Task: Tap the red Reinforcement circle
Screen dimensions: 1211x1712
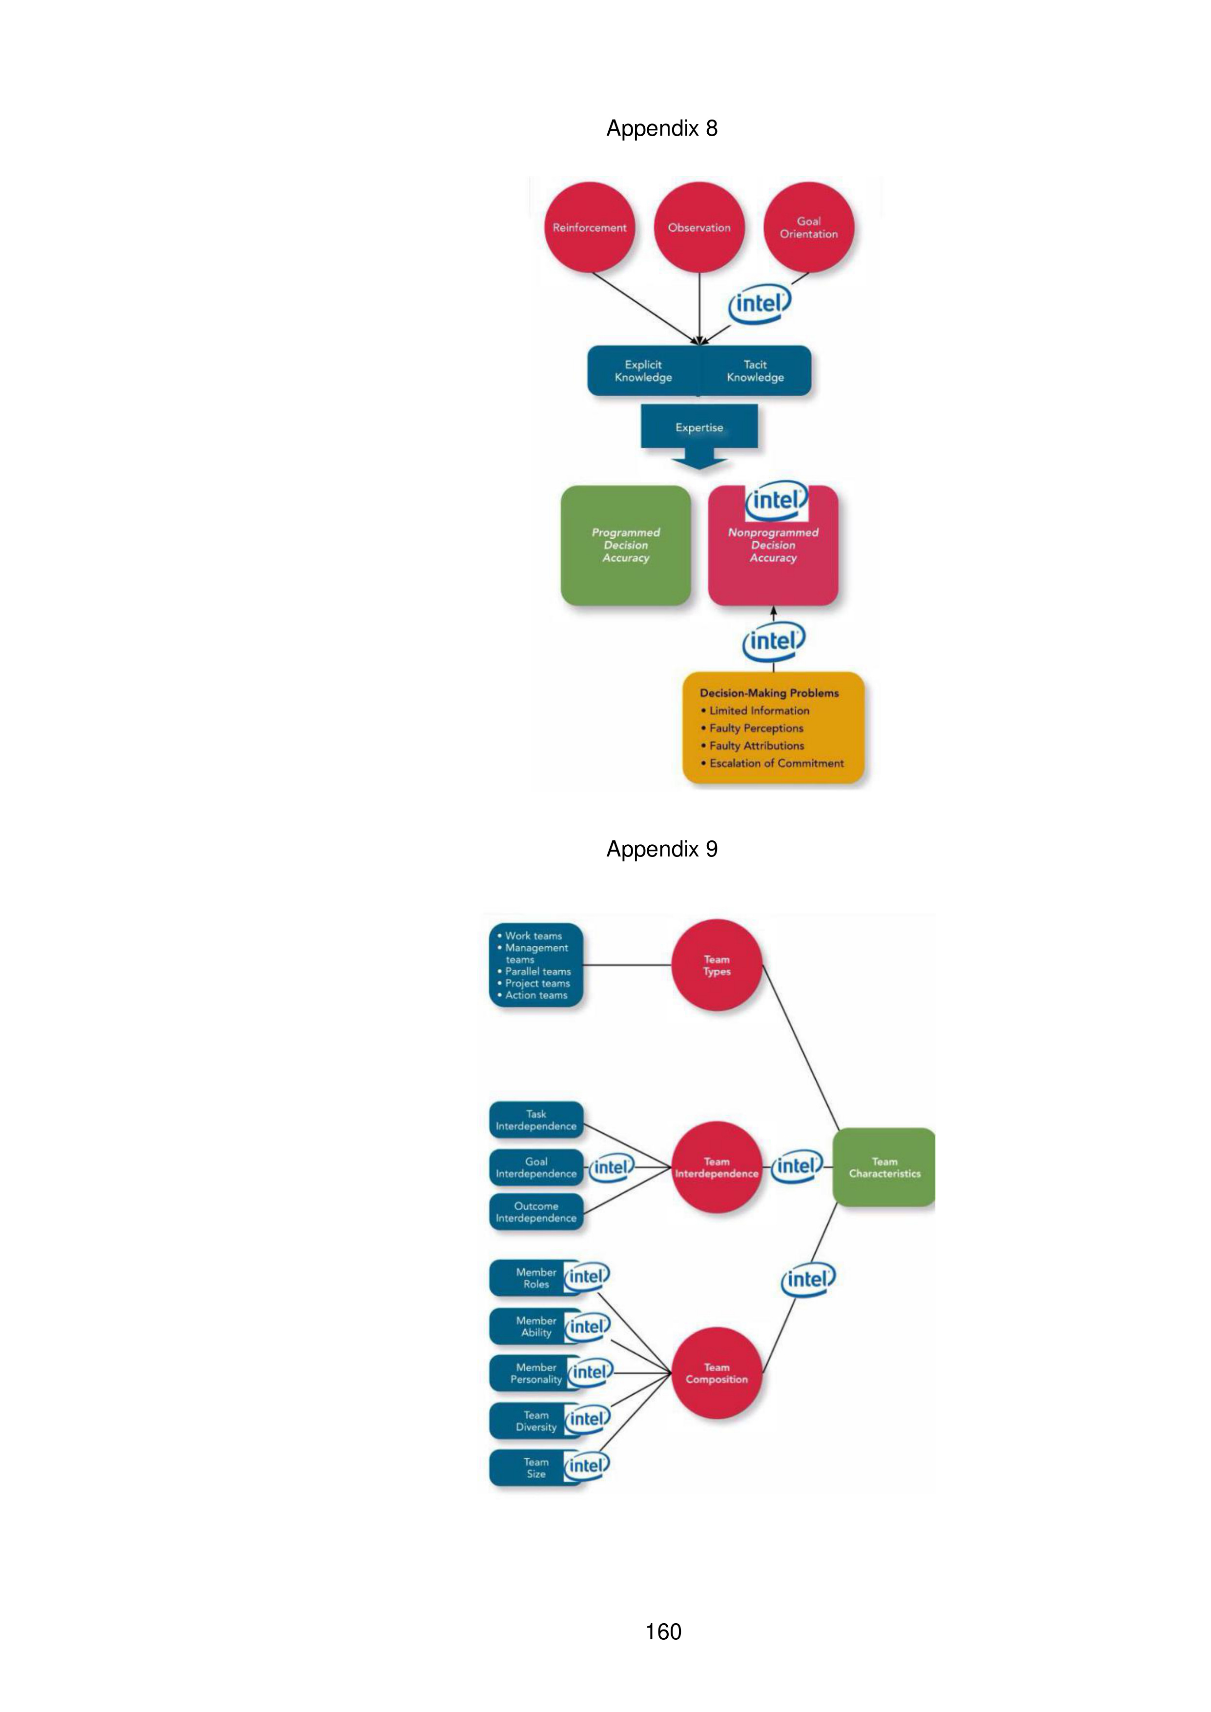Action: (589, 227)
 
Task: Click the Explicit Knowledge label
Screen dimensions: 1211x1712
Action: (643, 370)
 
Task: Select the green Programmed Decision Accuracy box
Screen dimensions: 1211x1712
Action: (626, 545)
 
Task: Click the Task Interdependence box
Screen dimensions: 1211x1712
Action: (536, 1120)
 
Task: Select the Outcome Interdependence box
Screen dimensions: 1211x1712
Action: (536, 1212)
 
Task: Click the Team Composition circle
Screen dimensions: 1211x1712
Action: (717, 1373)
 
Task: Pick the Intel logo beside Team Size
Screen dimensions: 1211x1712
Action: (587, 1465)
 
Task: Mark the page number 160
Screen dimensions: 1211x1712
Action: (663, 1631)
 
